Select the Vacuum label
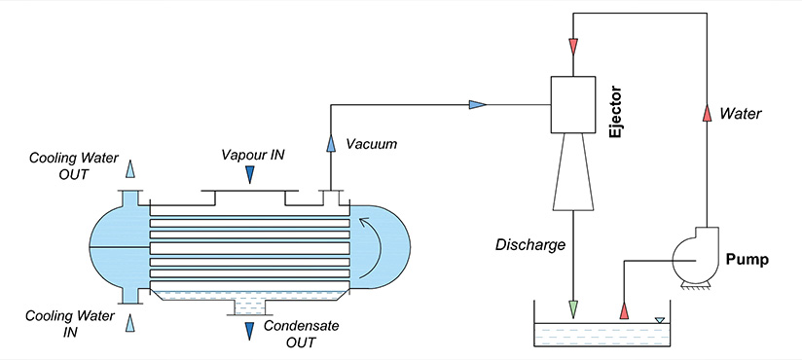(x=372, y=144)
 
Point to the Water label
(x=741, y=114)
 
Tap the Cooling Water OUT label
(x=59, y=165)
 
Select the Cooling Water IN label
(x=59, y=323)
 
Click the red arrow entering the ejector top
(x=573, y=47)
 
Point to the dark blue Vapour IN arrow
(x=250, y=174)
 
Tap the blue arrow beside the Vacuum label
(x=331, y=143)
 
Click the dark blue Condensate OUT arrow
(x=250, y=331)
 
